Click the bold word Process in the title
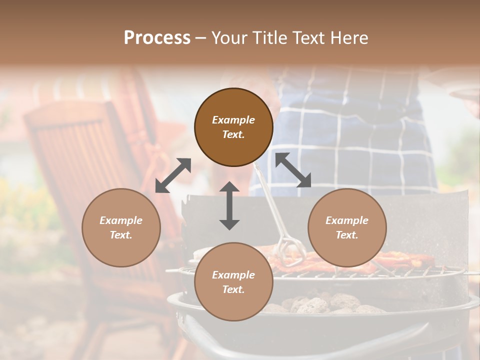(x=157, y=37)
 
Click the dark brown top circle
(x=233, y=127)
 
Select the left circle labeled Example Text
(x=121, y=227)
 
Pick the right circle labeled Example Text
(x=347, y=227)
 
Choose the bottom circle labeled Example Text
(x=233, y=282)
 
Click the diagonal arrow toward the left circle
(x=173, y=175)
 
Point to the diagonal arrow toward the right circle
(x=293, y=170)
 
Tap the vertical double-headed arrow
(x=229, y=205)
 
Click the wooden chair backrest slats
(x=75, y=150)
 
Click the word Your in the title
(x=227, y=37)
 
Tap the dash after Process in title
(x=200, y=38)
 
